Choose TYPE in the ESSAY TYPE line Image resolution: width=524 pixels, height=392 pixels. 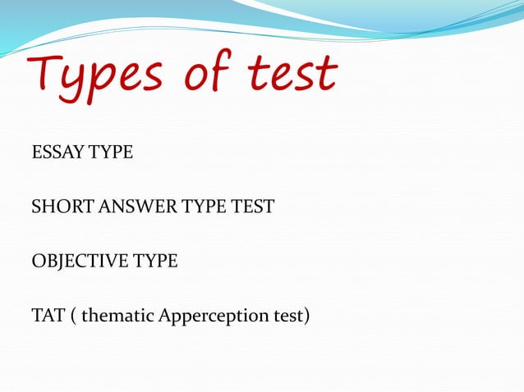click(x=111, y=153)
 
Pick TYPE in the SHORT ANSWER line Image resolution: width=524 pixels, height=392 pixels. click(x=202, y=207)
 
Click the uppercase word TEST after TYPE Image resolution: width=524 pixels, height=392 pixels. click(x=252, y=207)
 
